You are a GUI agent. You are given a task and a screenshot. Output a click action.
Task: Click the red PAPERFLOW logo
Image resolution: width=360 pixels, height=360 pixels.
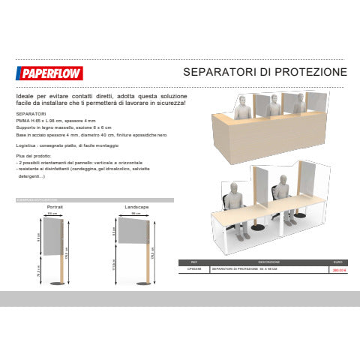(x=49, y=73)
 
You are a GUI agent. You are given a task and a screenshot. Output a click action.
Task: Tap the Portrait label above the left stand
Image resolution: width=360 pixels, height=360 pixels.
(x=54, y=205)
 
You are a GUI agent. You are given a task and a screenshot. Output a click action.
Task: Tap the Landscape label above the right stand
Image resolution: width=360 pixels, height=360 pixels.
(x=135, y=205)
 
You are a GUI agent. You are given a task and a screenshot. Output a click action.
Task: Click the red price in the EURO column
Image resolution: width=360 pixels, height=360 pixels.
(x=337, y=268)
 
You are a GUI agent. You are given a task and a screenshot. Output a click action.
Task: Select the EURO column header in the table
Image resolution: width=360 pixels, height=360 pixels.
(x=337, y=262)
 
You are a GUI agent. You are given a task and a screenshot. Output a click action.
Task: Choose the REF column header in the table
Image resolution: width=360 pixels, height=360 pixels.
(x=193, y=262)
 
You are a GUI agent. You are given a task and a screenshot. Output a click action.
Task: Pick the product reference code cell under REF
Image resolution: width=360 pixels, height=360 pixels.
(x=193, y=268)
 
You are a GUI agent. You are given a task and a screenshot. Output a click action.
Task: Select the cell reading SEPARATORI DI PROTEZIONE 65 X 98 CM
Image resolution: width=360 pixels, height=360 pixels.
(x=244, y=268)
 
